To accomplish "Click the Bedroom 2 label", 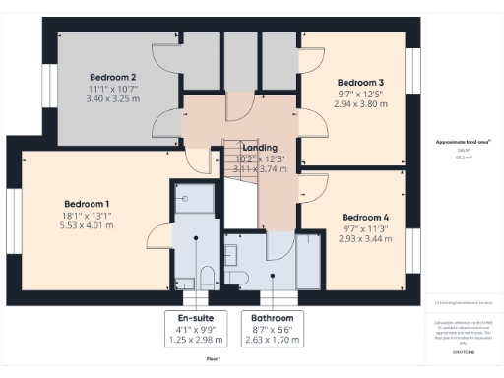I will (x=112, y=77).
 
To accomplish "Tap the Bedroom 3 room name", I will (x=360, y=82).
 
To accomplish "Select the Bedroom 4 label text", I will (x=365, y=217).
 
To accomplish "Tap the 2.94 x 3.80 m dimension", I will (x=360, y=103).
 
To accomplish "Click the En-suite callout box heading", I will (x=196, y=318).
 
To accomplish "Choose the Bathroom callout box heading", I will (x=270, y=318).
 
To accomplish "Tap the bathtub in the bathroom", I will (x=308, y=260).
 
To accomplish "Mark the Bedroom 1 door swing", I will (x=157, y=233).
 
